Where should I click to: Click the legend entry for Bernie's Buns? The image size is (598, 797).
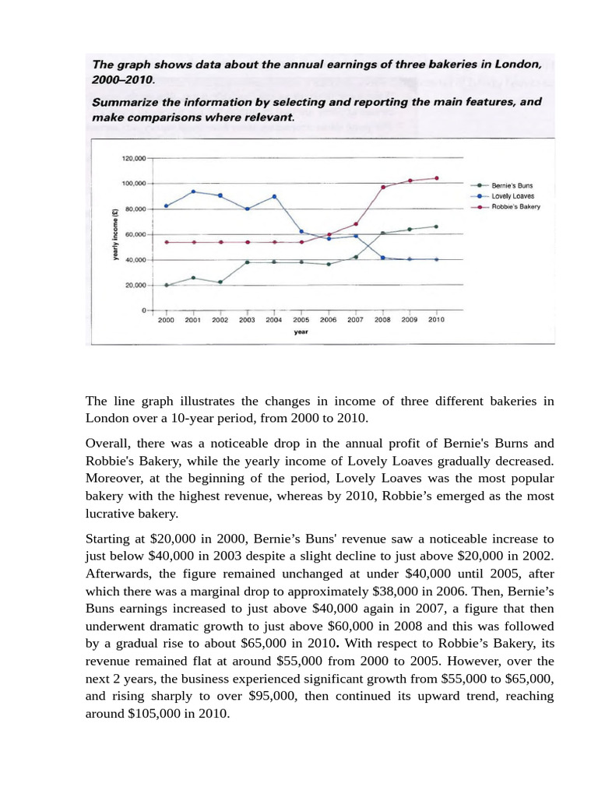(x=512, y=186)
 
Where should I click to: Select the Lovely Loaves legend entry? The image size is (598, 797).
(x=512, y=196)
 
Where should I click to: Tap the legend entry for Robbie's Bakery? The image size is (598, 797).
(x=515, y=206)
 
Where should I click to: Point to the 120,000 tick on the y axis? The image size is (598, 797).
(x=133, y=158)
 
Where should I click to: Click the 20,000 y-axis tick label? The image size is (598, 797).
(x=135, y=286)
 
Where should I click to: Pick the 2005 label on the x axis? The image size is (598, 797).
(x=301, y=320)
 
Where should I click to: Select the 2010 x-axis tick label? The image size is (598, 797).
(x=436, y=320)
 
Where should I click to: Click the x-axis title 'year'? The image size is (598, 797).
(x=301, y=332)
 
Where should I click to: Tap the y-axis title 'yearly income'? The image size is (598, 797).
(x=115, y=235)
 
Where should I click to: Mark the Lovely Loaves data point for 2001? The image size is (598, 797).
(x=193, y=191)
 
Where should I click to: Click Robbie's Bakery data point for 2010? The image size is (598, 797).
(x=436, y=177)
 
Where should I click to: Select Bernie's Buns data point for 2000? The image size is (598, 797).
(x=167, y=286)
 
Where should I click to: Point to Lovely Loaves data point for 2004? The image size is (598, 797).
(x=274, y=197)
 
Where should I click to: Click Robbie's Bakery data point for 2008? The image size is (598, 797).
(x=382, y=188)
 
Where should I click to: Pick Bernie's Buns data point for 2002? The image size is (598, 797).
(x=220, y=282)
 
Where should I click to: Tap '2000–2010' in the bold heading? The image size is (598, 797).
(x=123, y=79)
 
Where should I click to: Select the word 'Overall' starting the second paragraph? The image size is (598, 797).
(x=108, y=443)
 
